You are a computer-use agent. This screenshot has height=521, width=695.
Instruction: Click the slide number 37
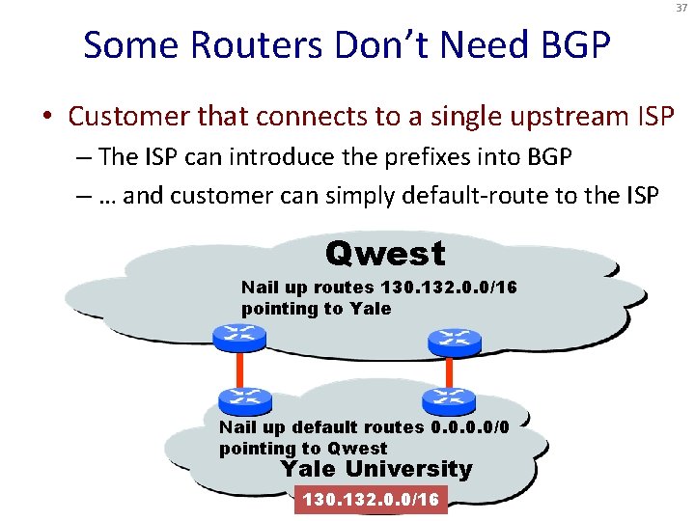coord(680,10)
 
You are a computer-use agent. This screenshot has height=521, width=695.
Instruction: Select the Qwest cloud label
coord(385,254)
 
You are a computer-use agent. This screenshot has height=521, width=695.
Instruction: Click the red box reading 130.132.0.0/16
coord(371,500)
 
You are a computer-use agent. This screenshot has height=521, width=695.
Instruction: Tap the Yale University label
coord(375,470)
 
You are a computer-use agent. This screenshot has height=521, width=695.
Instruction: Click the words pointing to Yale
coord(316,309)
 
